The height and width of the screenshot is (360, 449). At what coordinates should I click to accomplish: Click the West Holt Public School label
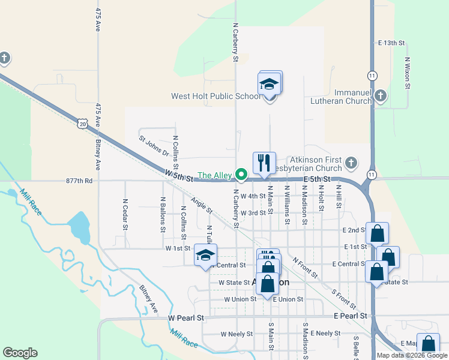[x=215, y=96]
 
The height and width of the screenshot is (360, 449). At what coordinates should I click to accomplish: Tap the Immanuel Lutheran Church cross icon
[x=380, y=95]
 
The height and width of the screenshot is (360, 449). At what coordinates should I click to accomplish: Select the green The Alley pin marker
[x=242, y=175]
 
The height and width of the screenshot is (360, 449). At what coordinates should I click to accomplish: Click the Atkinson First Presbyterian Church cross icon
[x=351, y=163]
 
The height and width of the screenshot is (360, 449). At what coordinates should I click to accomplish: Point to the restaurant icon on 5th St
[x=264, y=162]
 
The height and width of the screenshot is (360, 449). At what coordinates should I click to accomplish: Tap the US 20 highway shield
[x=82, y=123]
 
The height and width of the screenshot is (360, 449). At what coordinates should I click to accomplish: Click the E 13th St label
[x=392, y=43]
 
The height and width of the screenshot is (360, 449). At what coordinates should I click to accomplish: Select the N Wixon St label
[x=408, y=73]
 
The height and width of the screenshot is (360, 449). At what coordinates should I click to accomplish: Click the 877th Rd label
[x=80, y=180]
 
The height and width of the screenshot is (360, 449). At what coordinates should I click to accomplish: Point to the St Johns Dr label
[x=154, y=146]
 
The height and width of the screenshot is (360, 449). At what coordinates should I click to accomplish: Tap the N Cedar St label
[x=125, y=214]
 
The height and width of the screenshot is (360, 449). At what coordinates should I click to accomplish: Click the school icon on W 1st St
[x=205, y=255]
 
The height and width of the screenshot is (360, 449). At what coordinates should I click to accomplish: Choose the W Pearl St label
[x=187, y=317]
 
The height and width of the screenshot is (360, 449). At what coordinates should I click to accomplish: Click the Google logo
[x=20, y=353]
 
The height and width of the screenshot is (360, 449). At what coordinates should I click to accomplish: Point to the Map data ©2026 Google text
[x=412, y=355]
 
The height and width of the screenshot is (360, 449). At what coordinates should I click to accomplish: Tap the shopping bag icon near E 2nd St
[x=377, y=233]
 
